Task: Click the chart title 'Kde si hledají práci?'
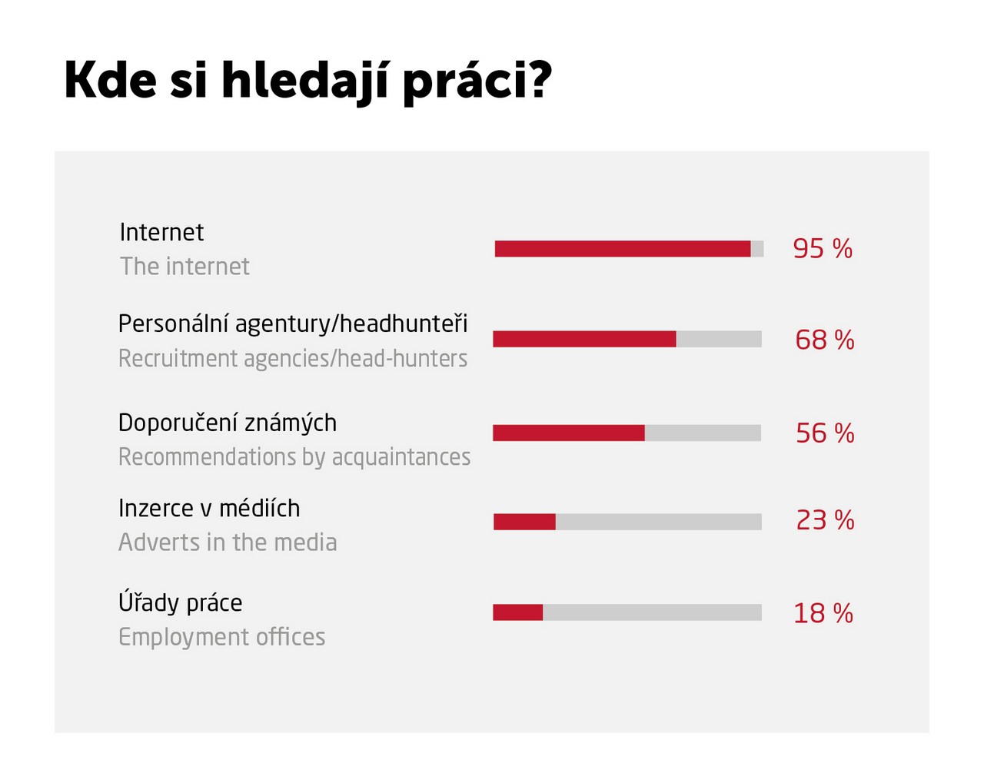pos(307,81)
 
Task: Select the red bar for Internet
pos(623,249)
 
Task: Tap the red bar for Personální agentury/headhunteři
pos(584,339)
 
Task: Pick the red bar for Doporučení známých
pos(569,433)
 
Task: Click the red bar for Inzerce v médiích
pos(524,522)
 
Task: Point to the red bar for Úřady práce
pos(517,612)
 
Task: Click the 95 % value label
pos(823,249)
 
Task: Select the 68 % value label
pos(824,340)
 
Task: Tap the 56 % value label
pos(825,433)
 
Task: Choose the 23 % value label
pos(825,520)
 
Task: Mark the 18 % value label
pos(823,613)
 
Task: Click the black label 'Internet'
pos(161,232)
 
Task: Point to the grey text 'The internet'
pos(184,267)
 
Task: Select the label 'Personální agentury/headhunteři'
pos(293,324)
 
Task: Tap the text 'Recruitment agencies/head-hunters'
pos(293,359)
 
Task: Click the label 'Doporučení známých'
pos(228,423)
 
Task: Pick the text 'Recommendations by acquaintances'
pos(294,457)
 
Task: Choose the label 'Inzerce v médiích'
pos(209,509)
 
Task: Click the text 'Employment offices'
pos(221,637)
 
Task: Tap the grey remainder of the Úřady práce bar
pos(652,612)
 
